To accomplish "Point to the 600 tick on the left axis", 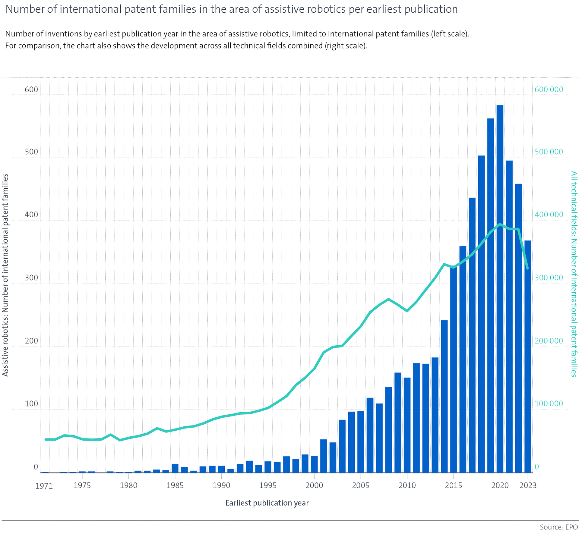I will tap(31, 90).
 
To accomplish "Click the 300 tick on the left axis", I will tap(31, 278).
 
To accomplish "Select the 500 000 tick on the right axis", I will tap(549, 152).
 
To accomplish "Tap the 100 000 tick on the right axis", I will tap(549, 404).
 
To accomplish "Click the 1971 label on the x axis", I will tap(44, 486).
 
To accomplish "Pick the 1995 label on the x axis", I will tap(268, 485).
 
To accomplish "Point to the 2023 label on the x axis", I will tap(528, 485).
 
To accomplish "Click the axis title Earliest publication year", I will tap(267, 503).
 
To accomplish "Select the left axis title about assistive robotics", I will tap(5, 275).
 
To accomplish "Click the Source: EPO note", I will tap(558, 527).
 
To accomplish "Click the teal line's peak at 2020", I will tap(500, 224).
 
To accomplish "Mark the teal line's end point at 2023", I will tap(527, 268).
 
